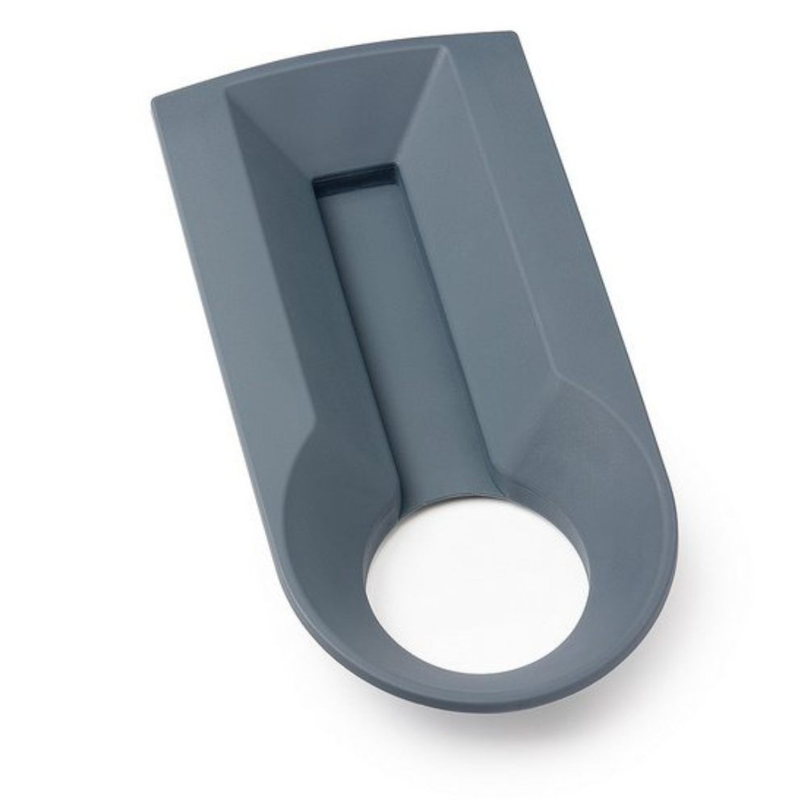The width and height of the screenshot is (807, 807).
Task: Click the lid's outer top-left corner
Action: coord(154,99)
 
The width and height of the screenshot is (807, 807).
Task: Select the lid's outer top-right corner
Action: coord(512,34)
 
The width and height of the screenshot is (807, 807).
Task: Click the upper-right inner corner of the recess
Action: coord(443,50)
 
